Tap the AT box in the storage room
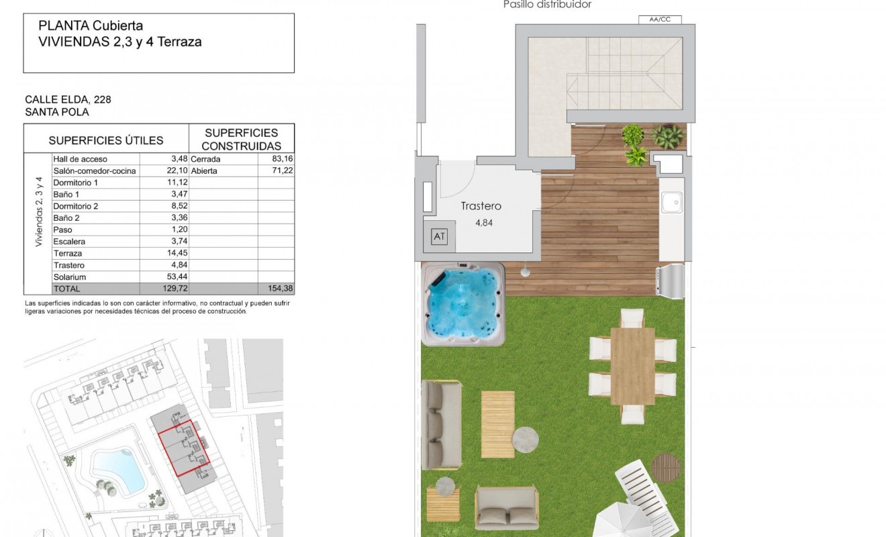pos(440,236)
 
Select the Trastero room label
pos(481,207)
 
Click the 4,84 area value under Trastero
pos(483,224)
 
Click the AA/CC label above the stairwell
pos(660,19)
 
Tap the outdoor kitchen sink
pos(671,202)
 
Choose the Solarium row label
pos(70,277)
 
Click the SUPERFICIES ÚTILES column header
pos(106,140)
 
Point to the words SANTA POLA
pos(57,112)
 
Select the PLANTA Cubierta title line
pos(91,26)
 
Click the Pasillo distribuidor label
pos(547,5)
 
